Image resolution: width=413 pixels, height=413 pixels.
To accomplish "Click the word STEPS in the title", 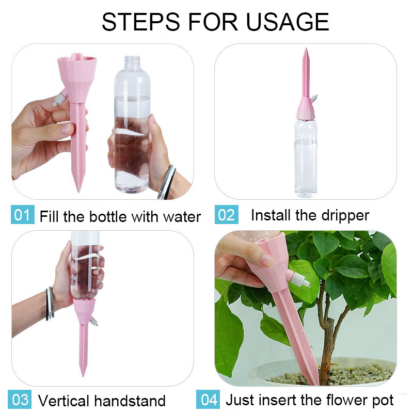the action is coord(140,22).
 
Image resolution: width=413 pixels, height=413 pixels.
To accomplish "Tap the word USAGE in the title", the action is coord(288,22).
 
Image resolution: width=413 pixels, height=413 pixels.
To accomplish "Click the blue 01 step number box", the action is coord(23,214).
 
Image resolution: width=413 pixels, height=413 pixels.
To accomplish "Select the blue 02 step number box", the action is coord(227,214).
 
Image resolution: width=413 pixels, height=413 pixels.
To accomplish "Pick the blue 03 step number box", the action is coord(20,399).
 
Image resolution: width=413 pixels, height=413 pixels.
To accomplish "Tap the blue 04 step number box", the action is coord(208,399).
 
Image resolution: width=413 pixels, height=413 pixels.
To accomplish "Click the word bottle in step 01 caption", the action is coord(108,216).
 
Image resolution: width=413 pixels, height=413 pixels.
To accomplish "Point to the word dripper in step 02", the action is coord(345,216).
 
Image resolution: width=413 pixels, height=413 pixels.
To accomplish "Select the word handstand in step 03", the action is coord(130,401).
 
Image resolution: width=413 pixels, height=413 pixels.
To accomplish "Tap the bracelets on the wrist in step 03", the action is coord(50,304).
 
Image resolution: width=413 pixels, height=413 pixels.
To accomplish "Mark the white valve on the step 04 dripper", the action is coord(299,279).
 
